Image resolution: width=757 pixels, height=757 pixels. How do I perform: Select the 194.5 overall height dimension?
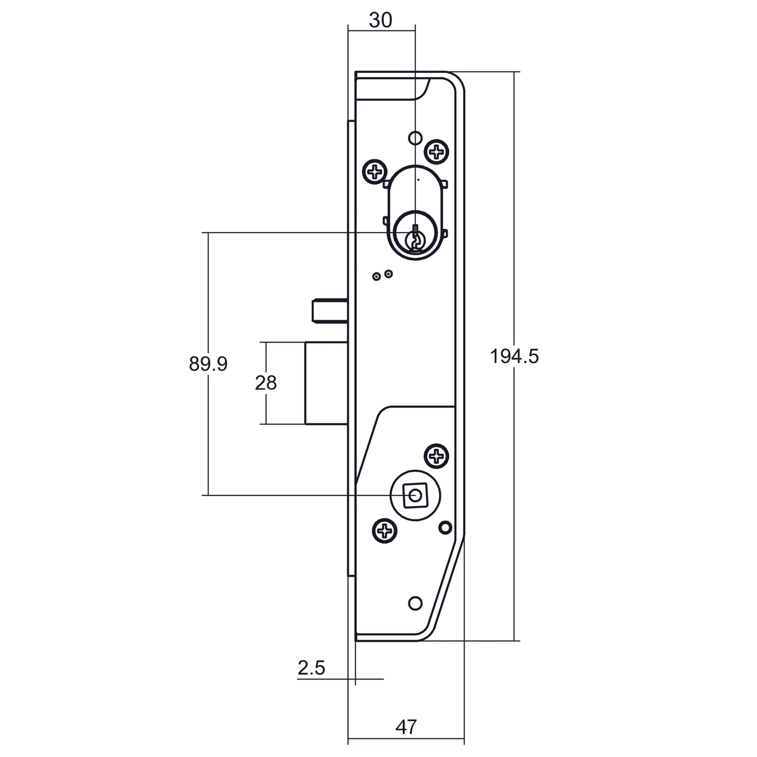coord(514,357)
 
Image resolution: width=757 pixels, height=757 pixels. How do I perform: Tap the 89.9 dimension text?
coord(208,364)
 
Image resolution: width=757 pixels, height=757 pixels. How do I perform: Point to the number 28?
coord(266,383)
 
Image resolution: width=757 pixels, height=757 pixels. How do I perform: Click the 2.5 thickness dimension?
coord(311,668)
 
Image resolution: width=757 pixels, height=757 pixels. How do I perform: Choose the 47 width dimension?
coord(406,727)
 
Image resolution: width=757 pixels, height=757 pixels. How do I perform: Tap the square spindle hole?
coord(415,495)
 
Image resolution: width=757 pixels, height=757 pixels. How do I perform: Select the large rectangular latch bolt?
coord(325,382)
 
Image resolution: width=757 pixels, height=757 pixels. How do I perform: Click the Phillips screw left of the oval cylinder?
coord(376,171)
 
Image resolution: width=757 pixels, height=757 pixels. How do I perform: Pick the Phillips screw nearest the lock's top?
coord(436,152)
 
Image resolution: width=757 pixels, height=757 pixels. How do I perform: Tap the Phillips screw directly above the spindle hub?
coord(436,456)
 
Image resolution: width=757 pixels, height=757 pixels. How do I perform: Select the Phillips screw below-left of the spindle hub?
coord(385,532)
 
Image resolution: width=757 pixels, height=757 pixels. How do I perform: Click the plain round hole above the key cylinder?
coord(415,138)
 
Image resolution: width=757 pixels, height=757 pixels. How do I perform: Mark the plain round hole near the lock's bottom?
coord(415,604)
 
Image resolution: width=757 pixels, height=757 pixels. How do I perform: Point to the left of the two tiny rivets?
coord(376,276)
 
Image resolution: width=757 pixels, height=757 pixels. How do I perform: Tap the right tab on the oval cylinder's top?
coord(444,184)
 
